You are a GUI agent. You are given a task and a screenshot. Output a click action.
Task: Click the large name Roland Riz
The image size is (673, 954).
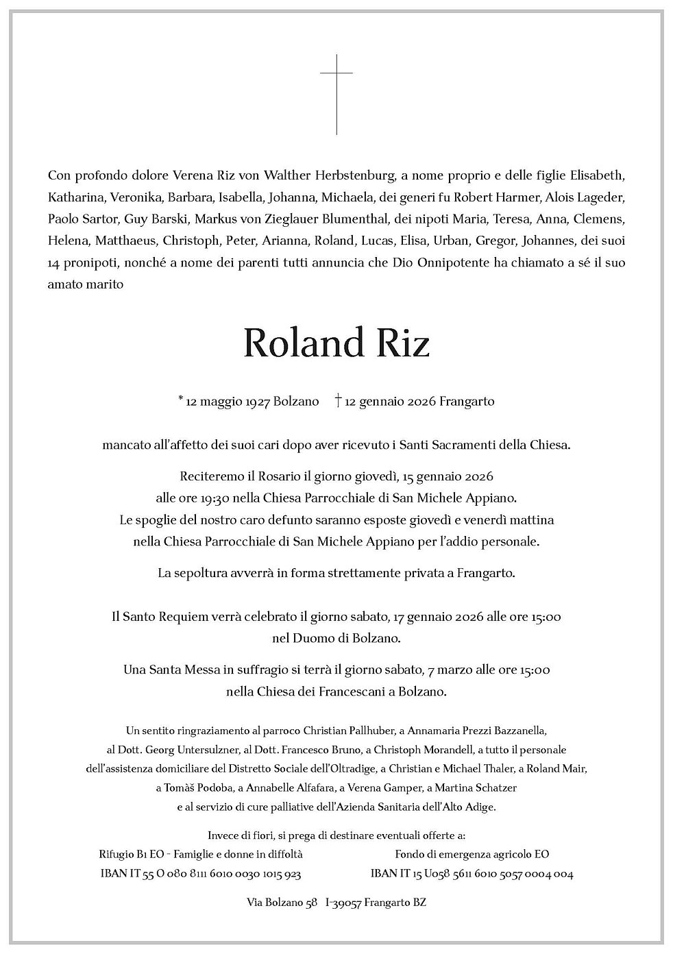coord(336,343)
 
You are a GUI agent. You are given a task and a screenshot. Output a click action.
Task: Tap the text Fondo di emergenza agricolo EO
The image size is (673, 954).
coord(472,854)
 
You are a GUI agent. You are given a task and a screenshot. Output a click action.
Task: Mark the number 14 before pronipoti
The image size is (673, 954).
coord(56,263)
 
